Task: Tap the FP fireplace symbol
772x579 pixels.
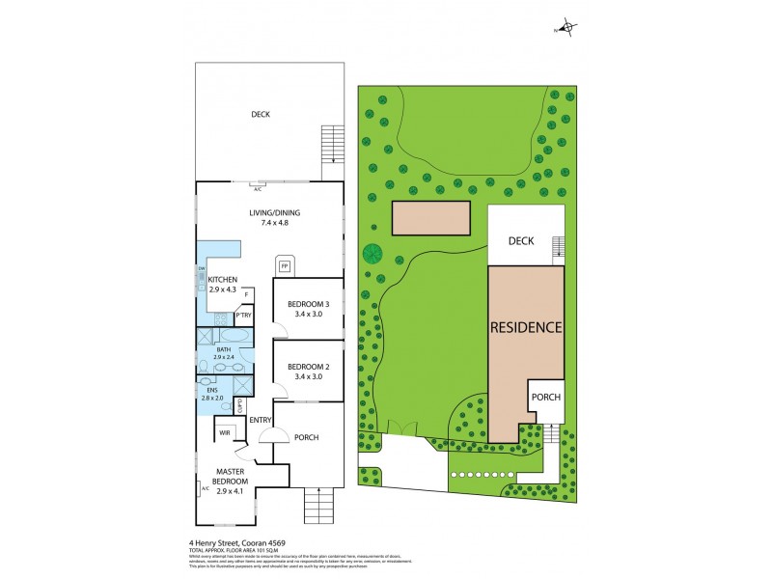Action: point(286,264)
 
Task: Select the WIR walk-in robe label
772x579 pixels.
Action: point(224,433)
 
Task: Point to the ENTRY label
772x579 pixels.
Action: point(261,420)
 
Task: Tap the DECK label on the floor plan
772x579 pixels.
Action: point(261,114)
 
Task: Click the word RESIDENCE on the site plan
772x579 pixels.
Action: point(526,327)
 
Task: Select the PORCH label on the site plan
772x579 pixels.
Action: point(546,397)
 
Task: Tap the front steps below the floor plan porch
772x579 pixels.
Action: point(317,505)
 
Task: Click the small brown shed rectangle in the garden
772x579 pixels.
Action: point(431,218)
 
